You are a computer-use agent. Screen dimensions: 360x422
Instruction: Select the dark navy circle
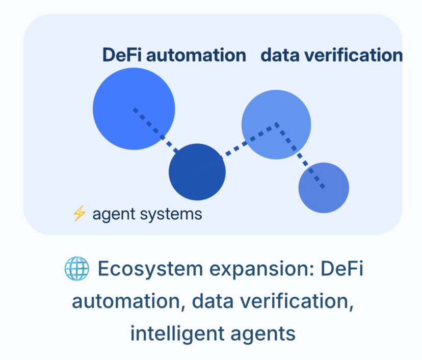[197, 172]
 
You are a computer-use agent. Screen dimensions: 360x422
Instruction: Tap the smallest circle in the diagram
[324, 188]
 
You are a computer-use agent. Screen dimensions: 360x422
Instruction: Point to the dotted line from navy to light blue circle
[249, 139]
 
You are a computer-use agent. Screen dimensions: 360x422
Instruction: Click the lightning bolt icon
[79, 213]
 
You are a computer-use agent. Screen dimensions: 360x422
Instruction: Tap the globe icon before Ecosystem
[76, 269]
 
